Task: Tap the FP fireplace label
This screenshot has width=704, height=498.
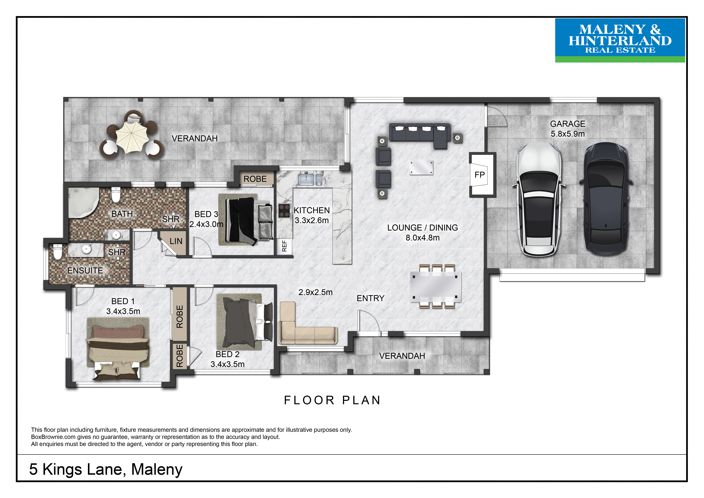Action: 480,175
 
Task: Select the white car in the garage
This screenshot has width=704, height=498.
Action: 539,199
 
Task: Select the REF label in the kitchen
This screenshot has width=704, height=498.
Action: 284,246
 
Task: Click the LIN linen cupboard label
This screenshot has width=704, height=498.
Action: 176,241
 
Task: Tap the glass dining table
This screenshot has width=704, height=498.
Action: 435,287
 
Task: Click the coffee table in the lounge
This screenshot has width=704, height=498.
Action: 422,168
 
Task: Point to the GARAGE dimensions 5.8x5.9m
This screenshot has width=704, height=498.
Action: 568,134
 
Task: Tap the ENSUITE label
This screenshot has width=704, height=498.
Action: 85,271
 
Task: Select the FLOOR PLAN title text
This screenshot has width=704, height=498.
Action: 332,400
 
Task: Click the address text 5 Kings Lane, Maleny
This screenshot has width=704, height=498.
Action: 106,469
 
